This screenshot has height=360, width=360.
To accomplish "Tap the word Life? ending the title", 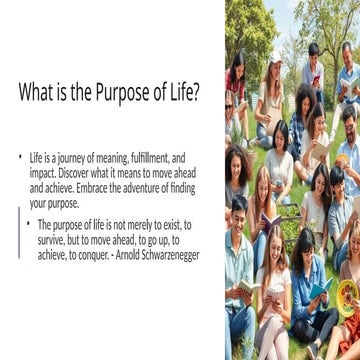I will click(183, 93).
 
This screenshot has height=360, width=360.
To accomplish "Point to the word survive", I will click(52, 240).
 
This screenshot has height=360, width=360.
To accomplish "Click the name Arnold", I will click(136, 255).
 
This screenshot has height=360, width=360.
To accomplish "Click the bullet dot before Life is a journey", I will click(19, 158).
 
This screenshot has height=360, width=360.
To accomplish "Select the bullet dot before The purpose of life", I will click(28, 225).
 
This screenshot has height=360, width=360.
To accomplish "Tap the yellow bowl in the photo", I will click(348, 296).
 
